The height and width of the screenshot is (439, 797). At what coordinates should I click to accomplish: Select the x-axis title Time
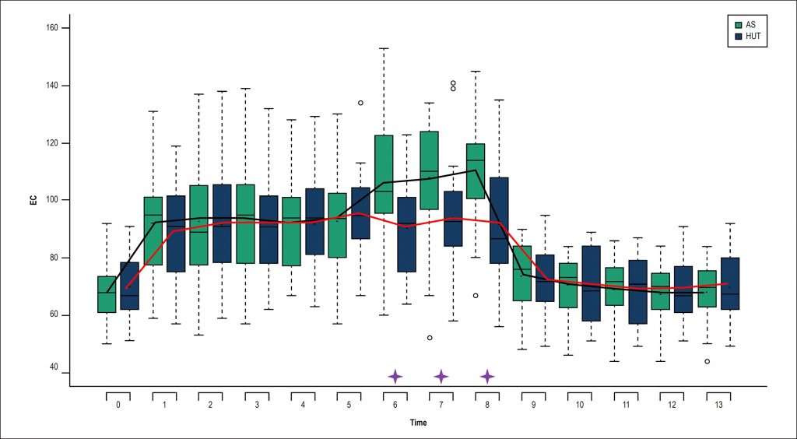coord(418,423)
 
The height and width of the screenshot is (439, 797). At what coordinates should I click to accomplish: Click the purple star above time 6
coord(395,377)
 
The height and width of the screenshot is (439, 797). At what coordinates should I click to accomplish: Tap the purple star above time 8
coord(487,377)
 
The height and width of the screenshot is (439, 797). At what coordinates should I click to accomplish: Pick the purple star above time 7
coord(441,377)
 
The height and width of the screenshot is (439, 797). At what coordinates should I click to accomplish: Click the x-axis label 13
coord(718,405)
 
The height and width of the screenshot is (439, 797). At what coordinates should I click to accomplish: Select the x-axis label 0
coord(118,405)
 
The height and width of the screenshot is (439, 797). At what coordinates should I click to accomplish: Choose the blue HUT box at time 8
coord(499,219)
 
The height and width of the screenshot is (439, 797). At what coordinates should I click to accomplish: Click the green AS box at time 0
coord(107,294)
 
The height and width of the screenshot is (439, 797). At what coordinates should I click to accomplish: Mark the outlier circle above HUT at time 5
coord(360,103)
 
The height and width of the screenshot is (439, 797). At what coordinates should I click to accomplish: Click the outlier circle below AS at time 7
coord(430,338)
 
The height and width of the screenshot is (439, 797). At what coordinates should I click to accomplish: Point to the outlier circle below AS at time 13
coord(707,361)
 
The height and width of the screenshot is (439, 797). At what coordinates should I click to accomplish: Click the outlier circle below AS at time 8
coord(476,296)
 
